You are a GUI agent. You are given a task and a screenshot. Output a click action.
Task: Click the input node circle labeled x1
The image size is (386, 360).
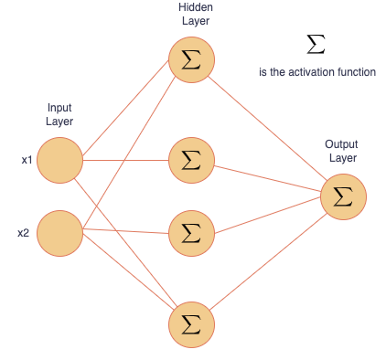60,160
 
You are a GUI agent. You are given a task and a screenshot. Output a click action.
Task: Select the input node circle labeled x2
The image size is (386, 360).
60,232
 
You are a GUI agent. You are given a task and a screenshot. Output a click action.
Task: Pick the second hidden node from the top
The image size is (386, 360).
191,162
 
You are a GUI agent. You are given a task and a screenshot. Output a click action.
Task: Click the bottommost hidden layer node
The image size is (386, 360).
191,323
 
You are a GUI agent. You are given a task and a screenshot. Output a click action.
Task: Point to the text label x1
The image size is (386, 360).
27,160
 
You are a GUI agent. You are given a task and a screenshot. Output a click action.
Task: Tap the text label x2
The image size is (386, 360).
25,232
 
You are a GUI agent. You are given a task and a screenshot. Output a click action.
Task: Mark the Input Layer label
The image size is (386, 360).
59,114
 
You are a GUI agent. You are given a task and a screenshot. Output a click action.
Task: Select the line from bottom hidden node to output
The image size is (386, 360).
267,260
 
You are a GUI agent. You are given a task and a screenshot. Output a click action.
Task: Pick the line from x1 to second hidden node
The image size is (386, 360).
126,161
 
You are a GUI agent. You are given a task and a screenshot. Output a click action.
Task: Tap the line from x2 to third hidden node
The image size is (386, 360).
126,232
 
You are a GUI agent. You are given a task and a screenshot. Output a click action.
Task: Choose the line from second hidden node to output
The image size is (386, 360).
267,179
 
